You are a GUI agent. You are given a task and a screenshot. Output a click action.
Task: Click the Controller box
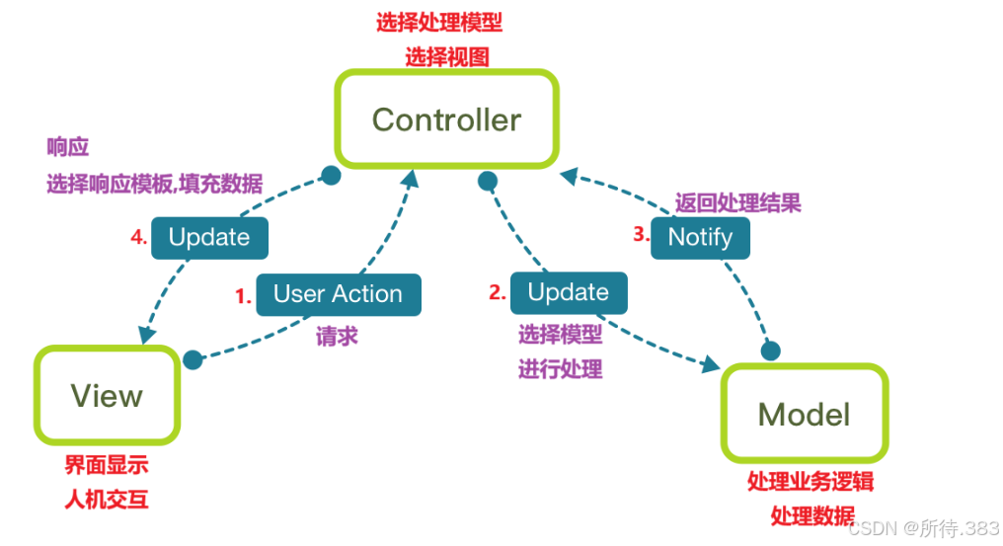(x=447, y=119)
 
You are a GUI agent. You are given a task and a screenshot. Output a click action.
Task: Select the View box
(x=107, y=396)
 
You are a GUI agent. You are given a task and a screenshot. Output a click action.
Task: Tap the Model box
(x=804, y=413)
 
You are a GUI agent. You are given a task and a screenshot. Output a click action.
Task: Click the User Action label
(x=338, y=294)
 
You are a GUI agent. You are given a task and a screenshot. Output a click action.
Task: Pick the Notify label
(x=700, y=237)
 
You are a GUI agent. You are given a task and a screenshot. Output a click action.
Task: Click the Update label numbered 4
(x=208, y=237)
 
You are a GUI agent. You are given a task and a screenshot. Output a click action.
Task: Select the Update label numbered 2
(x=568, y=292)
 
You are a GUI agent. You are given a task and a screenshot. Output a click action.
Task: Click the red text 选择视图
(x=446, y=56)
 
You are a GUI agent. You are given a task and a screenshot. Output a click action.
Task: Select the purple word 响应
(x=67, y=148)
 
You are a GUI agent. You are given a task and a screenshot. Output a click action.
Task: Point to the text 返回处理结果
(x=737, y=203)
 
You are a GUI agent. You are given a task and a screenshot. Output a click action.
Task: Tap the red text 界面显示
(x=107, y=465)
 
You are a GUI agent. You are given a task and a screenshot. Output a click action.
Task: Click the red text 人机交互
(x=107, y=500)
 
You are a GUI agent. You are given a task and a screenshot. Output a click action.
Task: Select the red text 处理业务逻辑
(x=810, y=482)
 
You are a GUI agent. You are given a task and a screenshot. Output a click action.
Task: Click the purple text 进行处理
(x=560, y=370)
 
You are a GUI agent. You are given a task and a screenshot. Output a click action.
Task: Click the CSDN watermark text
(x=923, y=528)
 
